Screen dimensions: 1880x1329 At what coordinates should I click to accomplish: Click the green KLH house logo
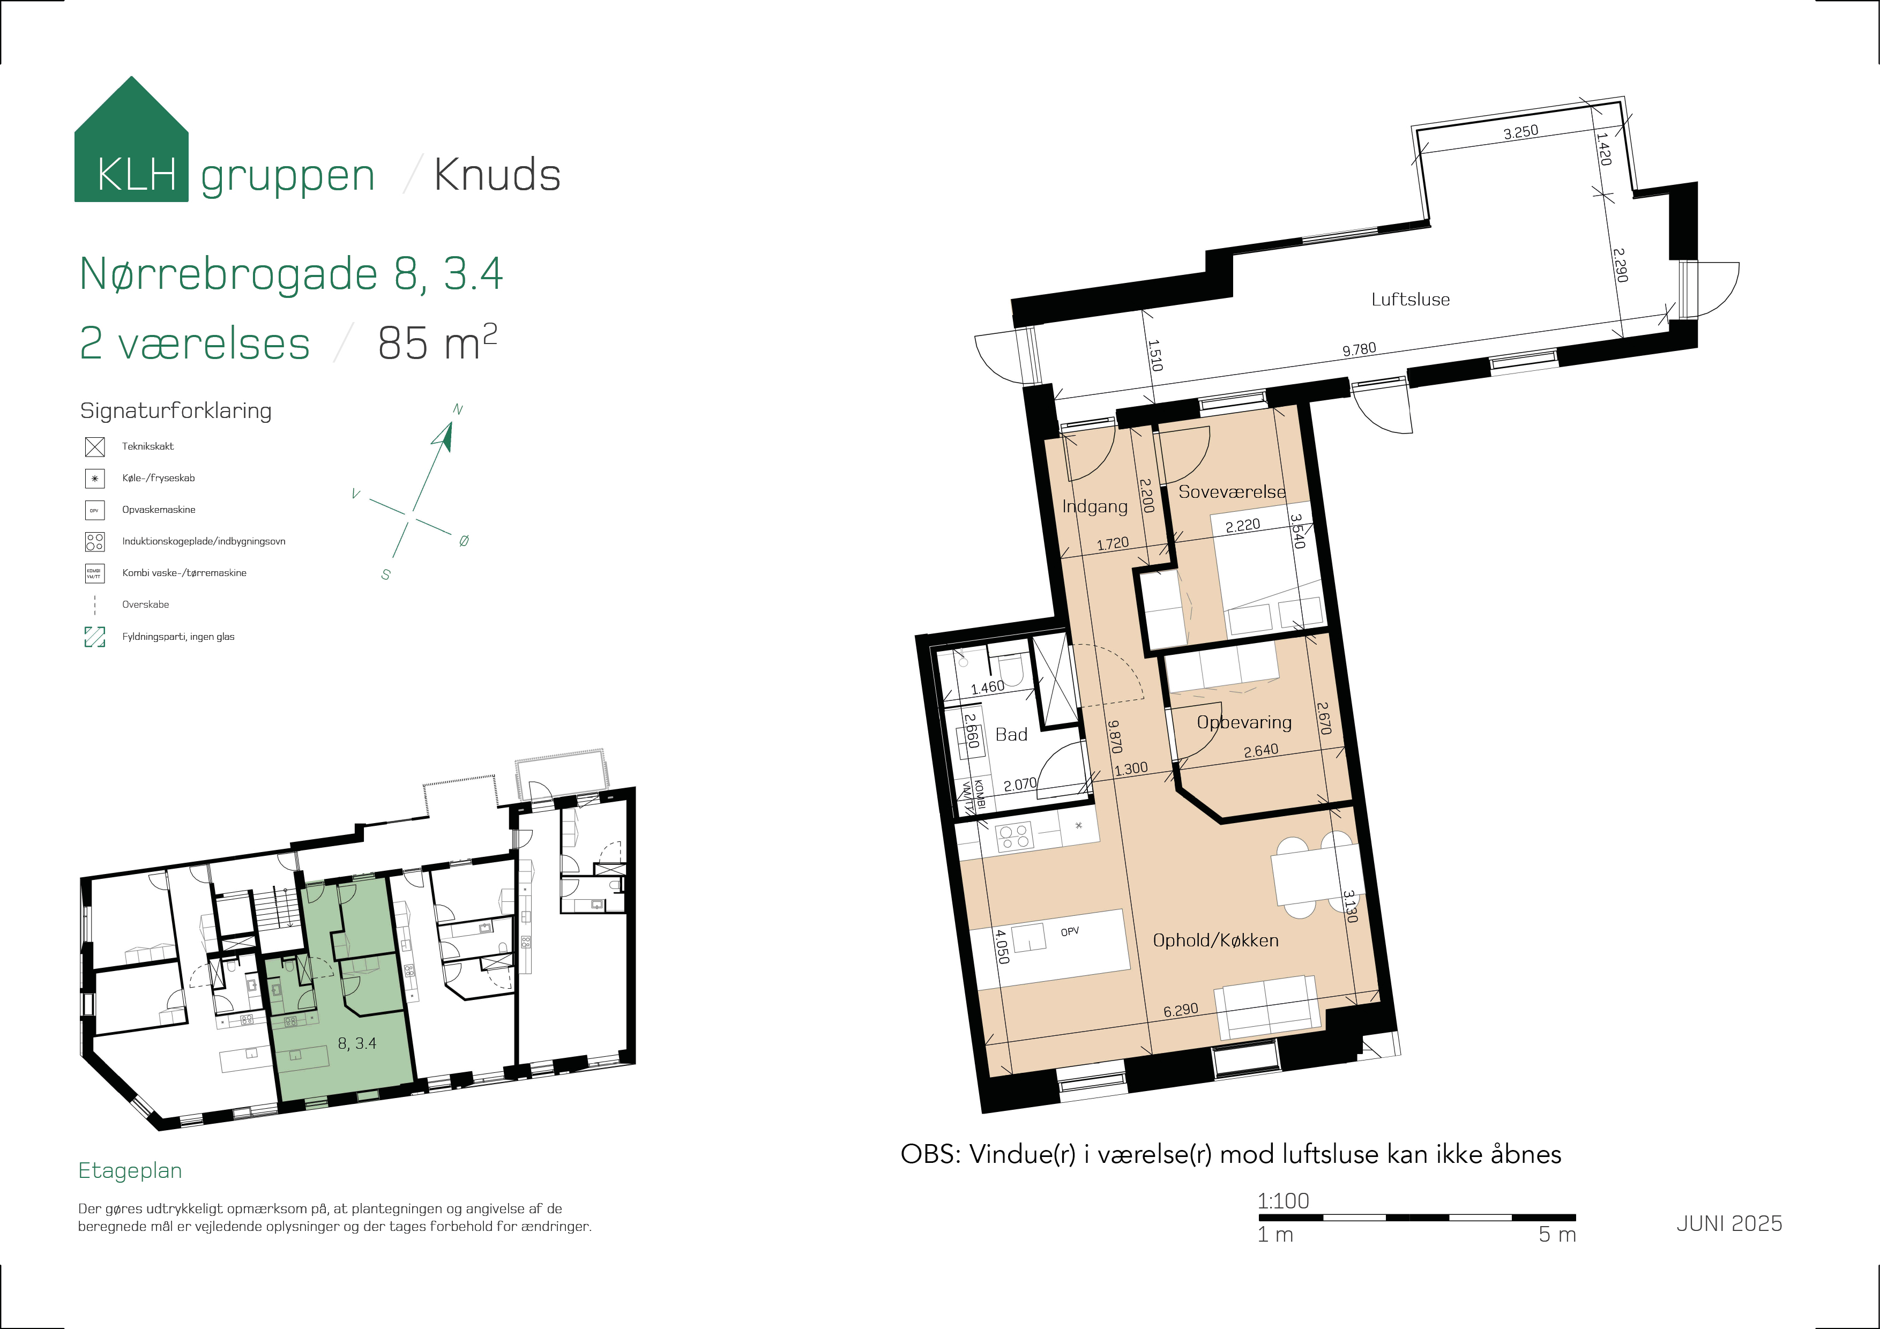[x=131, y=139]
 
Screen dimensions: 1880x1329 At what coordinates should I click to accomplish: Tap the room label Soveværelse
[x=1232, y=491]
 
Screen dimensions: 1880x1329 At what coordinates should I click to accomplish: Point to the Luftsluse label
[x=1410, y=300]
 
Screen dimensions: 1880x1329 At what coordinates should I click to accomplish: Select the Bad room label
[x=1011, y=735]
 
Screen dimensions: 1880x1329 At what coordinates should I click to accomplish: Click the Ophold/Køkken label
[x=1215, y=940]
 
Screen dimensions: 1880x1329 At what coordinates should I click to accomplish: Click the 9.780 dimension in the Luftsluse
[x=1359, y=349]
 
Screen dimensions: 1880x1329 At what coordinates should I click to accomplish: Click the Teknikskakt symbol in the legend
[x=95, y=446]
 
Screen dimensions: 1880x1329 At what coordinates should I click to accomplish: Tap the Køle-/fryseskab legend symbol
[x=95, y=478]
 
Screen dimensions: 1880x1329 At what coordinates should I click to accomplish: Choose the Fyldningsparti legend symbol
[x=95, y=636]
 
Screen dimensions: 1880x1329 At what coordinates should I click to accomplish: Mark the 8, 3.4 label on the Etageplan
[x=357, y=1043]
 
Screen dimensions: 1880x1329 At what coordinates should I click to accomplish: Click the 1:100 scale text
[x=1283, y=1200]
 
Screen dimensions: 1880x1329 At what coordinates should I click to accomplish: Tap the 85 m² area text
[x=437, y=342]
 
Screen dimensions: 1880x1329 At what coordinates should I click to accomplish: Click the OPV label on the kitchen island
[x=1069, y=932]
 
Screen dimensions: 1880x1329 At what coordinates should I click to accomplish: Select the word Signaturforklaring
[x=176, y=410]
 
